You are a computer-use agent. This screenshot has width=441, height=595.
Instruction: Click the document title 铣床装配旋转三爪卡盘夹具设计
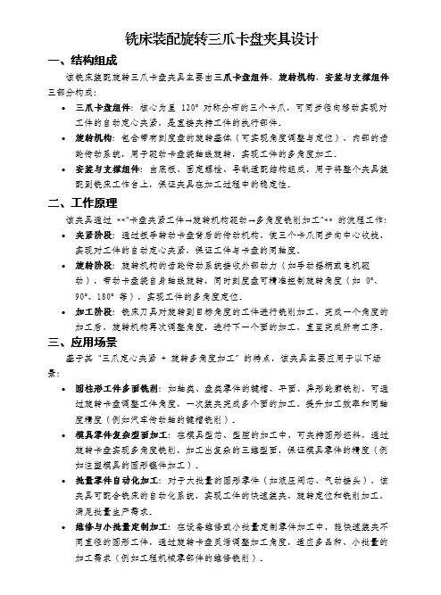[x=220, y=40]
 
